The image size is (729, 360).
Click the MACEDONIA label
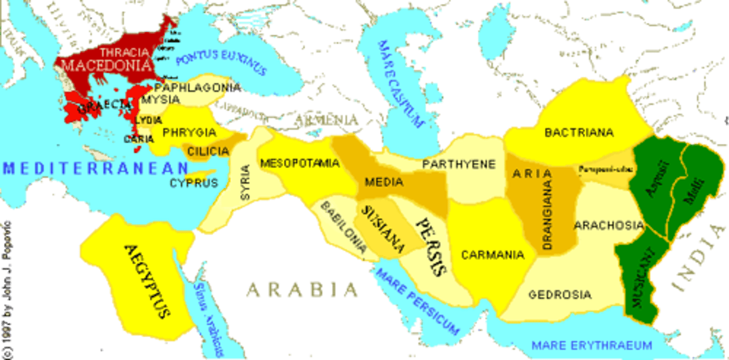[107, 65]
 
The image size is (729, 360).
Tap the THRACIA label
[125, 52]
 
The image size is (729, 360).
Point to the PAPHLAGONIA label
[198, 88]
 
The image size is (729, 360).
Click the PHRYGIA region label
[189, 133]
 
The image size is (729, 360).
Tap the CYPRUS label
[194, 183]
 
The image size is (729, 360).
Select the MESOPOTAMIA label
[300, 163]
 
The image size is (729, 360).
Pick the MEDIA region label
[384, 182]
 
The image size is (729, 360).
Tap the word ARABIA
[302, 290]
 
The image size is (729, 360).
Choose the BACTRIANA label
[579, 133]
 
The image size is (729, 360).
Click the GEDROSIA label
[559, 294]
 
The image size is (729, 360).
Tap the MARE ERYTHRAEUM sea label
[591, 346]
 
